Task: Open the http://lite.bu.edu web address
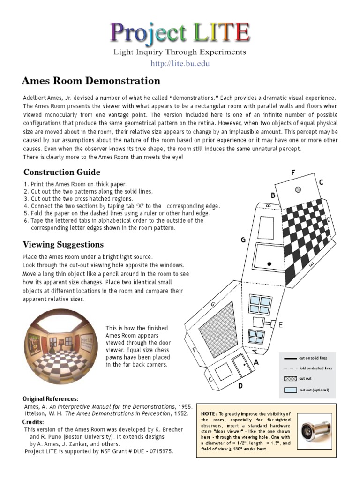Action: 180,63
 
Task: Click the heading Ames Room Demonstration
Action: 91,81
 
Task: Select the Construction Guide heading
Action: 62,172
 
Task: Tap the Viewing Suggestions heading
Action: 64,244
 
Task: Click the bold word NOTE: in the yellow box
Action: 209,413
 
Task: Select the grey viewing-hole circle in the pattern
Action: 298,189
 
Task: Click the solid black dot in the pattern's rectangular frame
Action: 269,264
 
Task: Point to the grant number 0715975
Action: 158,451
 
